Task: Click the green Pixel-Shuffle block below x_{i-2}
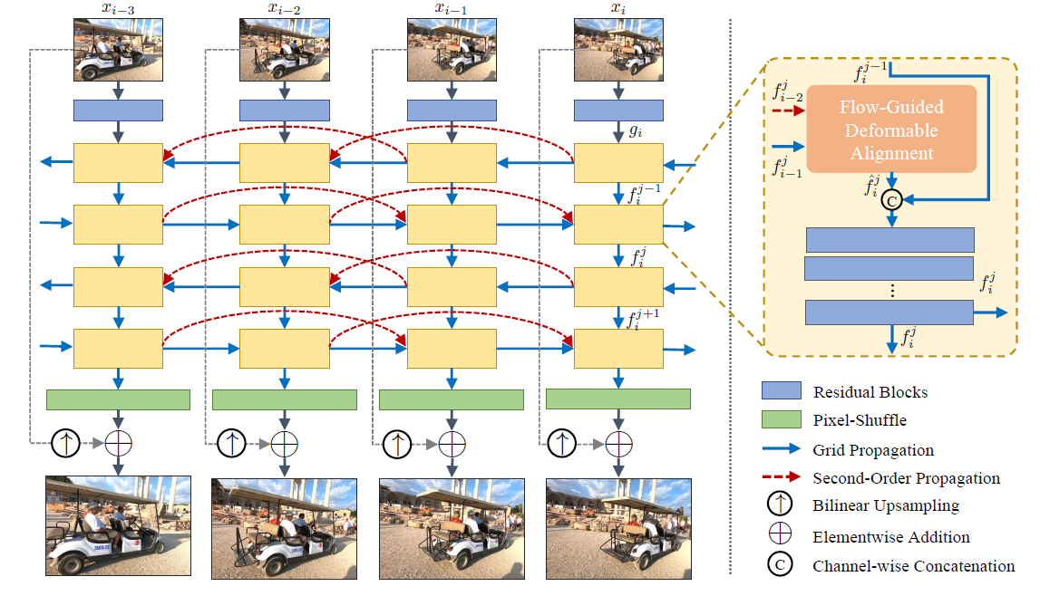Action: (285, 399)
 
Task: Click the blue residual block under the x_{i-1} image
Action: (452, 111)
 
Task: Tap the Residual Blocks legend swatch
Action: (781, 391)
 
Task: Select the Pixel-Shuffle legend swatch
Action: (781, 419)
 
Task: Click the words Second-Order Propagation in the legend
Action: (906, 477)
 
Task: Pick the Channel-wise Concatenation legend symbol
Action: (781, 565)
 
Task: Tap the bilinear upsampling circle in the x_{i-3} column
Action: (65, 444)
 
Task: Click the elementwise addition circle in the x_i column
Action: (618, 444)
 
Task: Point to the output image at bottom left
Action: (118, 525)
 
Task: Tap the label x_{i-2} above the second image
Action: (285, 9)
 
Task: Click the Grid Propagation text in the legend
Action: (873, 449)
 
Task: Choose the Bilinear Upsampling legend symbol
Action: (781, 505)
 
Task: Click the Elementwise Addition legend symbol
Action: (781, 536)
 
